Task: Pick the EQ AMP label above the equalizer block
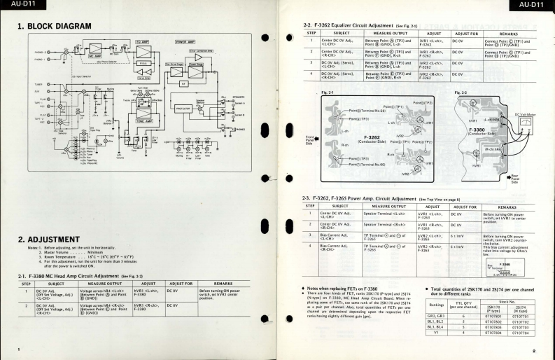pyautogui.click(x=142, y=43)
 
